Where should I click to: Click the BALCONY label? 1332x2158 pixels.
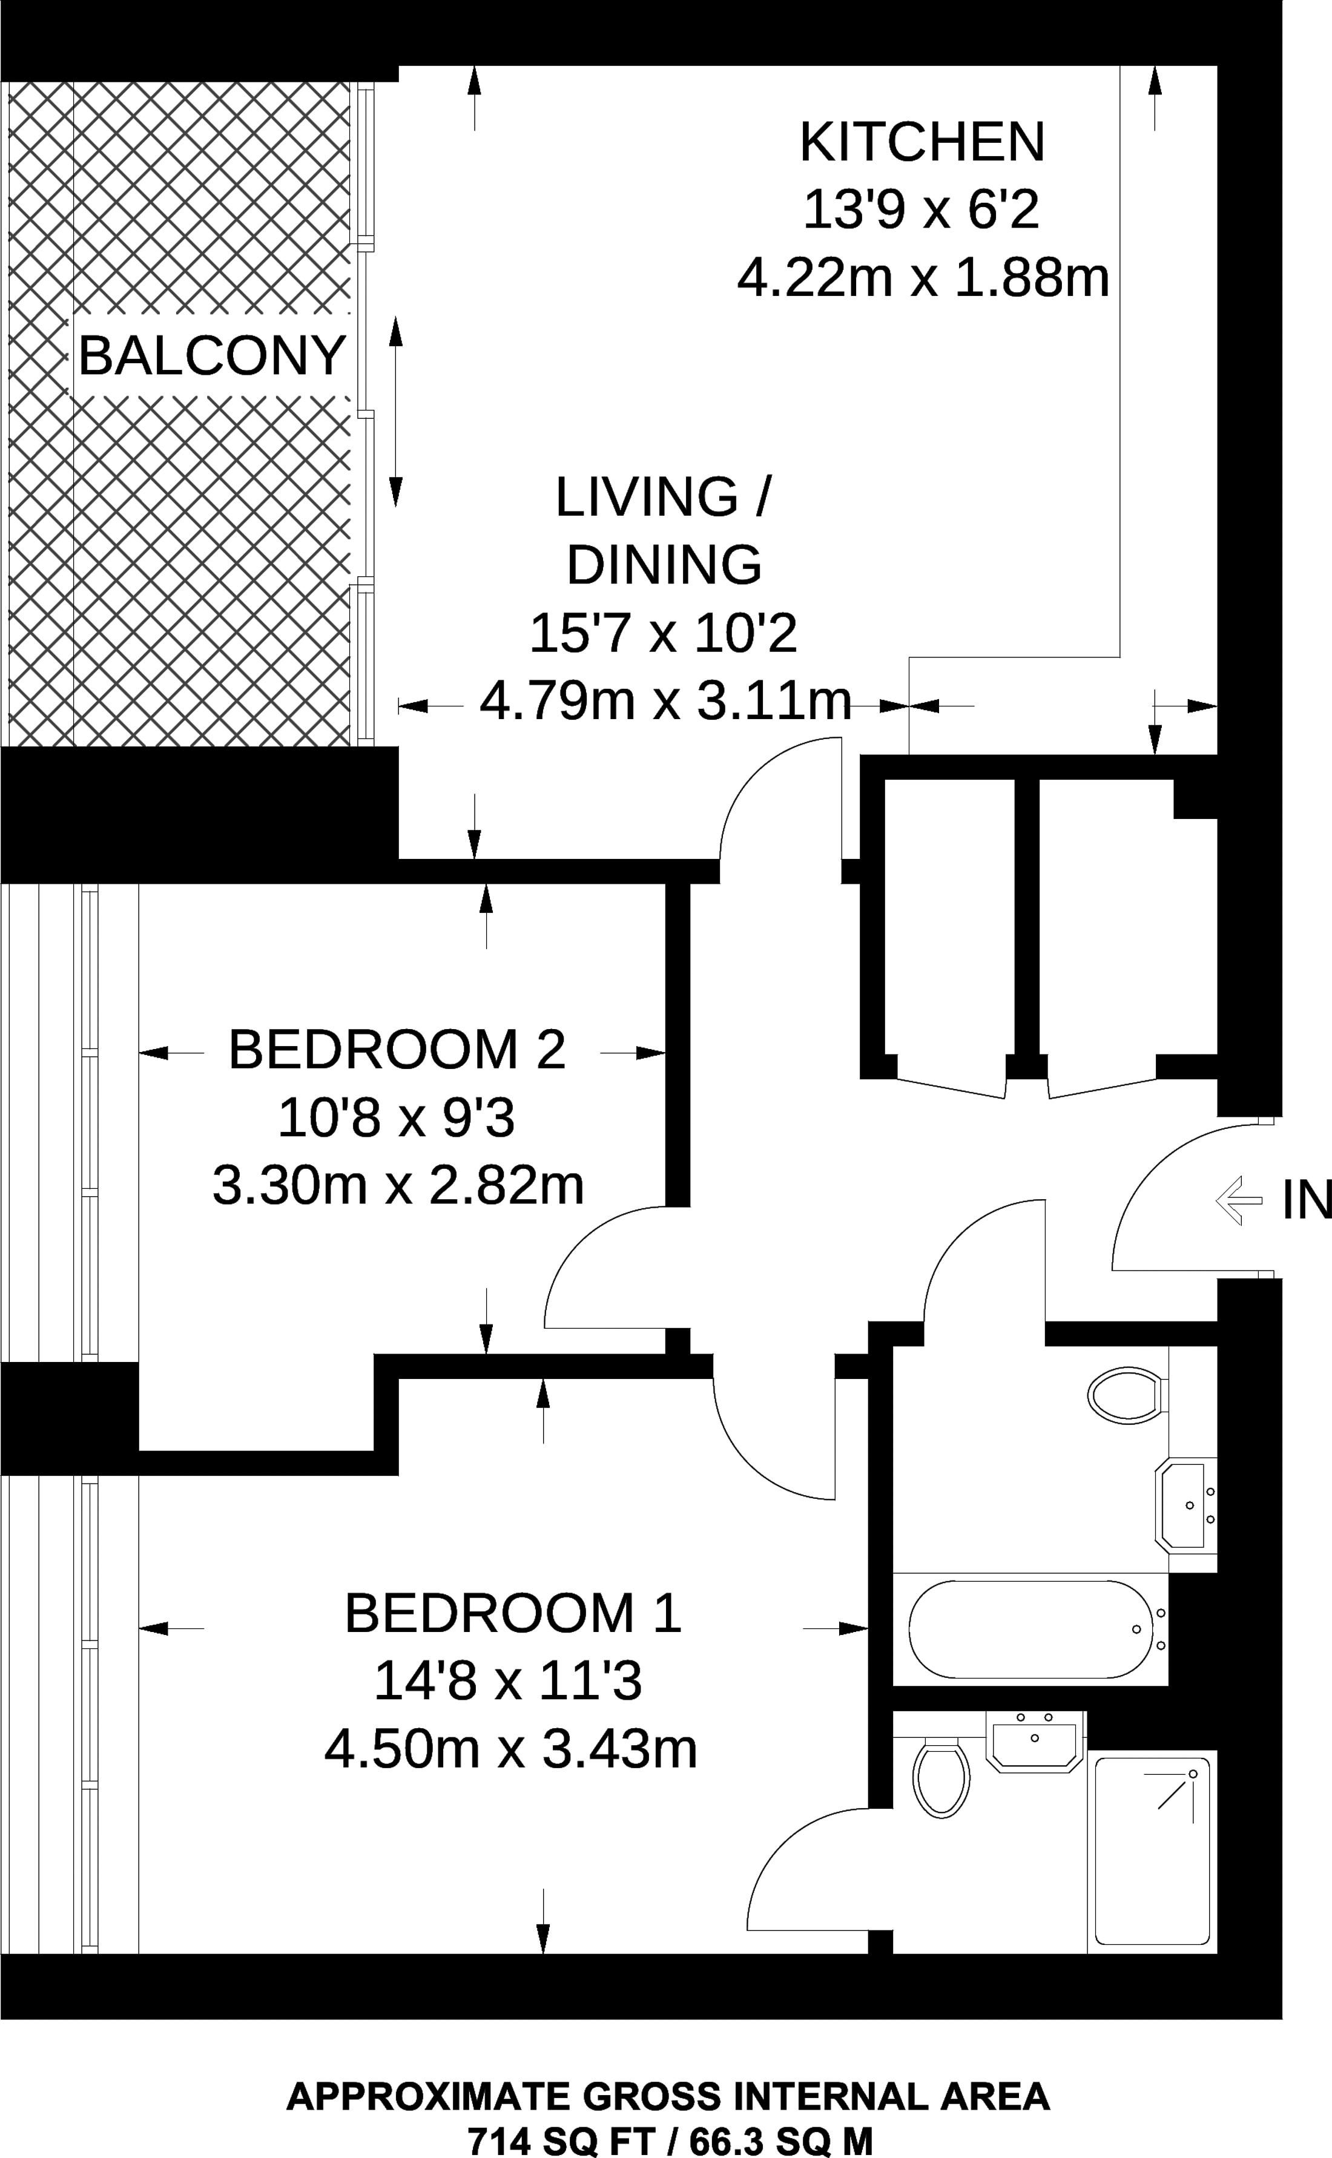(x=211, y=356)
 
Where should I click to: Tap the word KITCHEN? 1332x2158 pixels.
(x=922, y=142)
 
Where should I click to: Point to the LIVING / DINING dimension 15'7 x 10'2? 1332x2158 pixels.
(x=664, y=633)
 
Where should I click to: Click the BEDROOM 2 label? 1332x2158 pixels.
(x=397, y=1049)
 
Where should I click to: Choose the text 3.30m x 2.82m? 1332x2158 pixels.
(x=398, y=1186)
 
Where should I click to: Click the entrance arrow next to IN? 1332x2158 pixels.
(x=1239, y=1200)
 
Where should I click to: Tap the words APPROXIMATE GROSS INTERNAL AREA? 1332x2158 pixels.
(x=668, y=2096)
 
